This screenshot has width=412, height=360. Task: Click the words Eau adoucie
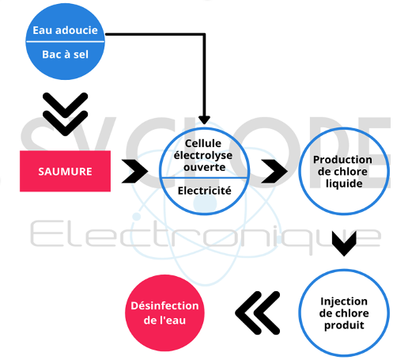(65, 30)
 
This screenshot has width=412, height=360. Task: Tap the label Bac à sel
(65, 55)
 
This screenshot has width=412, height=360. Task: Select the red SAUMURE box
(65, 171)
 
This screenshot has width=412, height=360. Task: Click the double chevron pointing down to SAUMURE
(65, 114)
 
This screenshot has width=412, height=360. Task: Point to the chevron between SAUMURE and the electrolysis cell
(134, 171)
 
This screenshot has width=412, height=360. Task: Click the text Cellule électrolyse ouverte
(203, 155)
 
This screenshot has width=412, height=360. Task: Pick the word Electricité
(205, 191)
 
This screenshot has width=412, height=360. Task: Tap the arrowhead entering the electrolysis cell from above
(204, 119)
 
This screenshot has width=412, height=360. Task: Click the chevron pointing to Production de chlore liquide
(274, 171)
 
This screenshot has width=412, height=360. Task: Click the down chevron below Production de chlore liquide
(344, 244)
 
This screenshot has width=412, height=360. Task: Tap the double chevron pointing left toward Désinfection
(257, 313)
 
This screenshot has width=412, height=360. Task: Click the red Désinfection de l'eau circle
(164, 313)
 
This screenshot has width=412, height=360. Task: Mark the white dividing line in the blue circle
(65, 42)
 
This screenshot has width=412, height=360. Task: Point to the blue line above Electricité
(204, 178)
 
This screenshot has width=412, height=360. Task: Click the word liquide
(344, 184)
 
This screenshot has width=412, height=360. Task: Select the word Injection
(344, 301)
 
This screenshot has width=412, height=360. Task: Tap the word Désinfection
(164, 305)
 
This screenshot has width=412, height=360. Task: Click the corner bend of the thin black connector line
(204, 34)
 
